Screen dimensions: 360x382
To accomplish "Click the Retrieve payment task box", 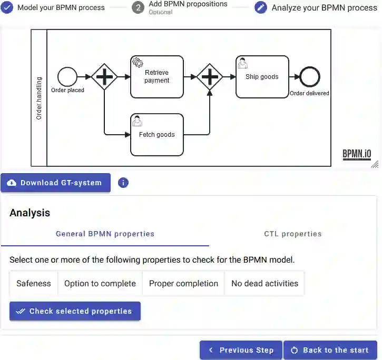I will point(157,77).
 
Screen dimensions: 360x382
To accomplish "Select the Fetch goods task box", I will point(157,135).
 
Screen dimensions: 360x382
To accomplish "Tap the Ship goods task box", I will point(262,77).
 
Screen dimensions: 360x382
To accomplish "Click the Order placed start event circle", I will point(67,77).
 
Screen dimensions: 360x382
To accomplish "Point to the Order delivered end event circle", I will point(309,77).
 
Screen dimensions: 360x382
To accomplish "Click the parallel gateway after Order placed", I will point(104,77).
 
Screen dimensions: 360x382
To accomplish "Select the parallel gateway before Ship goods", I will point(210,77).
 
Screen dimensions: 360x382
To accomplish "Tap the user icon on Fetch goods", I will point(138,121).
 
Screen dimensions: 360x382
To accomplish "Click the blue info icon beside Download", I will point(123,183).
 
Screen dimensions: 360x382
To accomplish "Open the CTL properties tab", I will point(292,234).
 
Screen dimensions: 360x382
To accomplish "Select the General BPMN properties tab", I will point(105,234).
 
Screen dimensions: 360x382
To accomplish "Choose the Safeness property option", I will point(34,283).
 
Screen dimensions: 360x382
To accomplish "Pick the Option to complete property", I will point(100,283).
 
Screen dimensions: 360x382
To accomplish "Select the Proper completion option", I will point(183,283).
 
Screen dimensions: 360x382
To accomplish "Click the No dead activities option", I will point(265,283).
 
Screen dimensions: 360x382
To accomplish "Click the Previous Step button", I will point(241,350).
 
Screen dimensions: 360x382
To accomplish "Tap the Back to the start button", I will point(330,350).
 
